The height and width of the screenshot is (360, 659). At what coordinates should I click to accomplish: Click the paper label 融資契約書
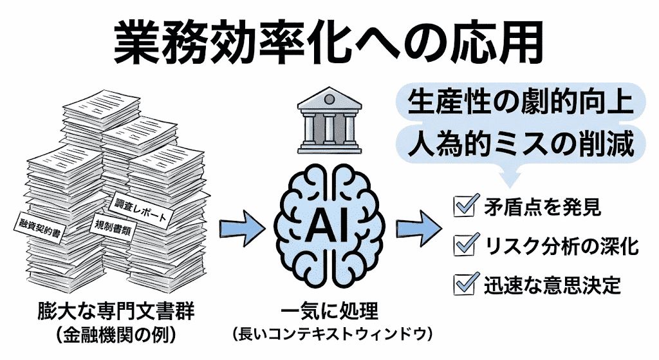coord(37,230)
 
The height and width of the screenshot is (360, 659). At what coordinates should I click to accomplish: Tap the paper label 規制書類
coord(115,228)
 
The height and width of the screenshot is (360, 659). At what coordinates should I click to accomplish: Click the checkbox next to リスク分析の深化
coord(464,245)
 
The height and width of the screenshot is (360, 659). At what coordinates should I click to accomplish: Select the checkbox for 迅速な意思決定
coord(464,283)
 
